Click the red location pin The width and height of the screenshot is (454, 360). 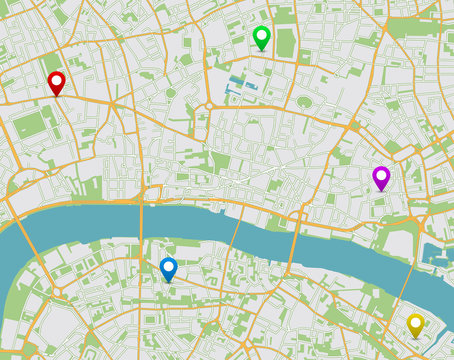(x=56, y=83)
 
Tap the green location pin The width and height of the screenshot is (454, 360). (x=262, y=37)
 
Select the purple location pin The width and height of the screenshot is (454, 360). (x=380, y=177)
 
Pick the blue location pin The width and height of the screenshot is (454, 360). (x=168, y=268)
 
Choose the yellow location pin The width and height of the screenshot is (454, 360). (x=415, y=324)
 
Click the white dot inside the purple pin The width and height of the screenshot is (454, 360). (x=380, y=175)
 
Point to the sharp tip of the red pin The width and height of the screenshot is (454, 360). (x=56, y=97)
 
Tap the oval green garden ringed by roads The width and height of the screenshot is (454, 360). (x=304, y=102)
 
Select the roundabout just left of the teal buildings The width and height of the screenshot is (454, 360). (x=211, y=104)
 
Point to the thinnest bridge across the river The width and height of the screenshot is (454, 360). (x=233, y=231)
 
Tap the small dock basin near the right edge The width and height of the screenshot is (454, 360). (x=436, y=255)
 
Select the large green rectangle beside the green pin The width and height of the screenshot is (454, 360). (x=286, y=42)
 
